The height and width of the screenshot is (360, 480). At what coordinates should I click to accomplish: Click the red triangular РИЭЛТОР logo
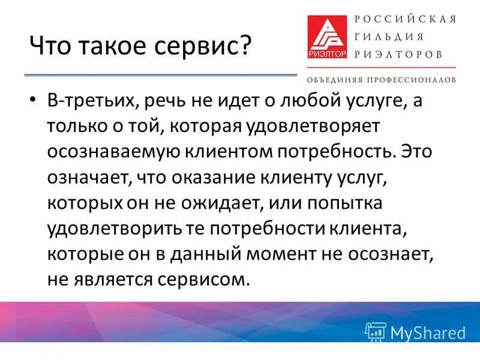click(x=328, y=37)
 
